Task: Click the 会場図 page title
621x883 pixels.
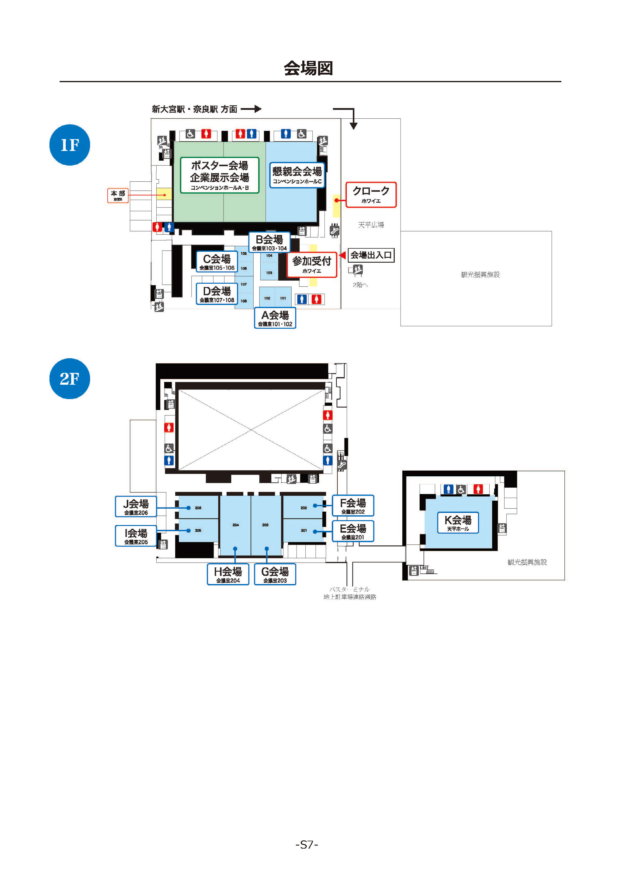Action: click(x=308, y=68)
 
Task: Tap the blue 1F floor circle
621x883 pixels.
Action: click(x=70, y=145)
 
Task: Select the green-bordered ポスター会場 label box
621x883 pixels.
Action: click(x=220, y=175)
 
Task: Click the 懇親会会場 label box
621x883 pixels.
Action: click(x=297, y=175)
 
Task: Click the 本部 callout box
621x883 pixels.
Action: click(x=118, y=195)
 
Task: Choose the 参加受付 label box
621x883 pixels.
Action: click(x=312, y=265)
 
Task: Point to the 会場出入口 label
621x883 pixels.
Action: click(x=371, y=255)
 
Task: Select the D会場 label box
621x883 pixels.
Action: click(x=217, y=294)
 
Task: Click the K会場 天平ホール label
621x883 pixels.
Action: click(x=458, y=523)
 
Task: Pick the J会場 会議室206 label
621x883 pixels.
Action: click(x=136, y=506)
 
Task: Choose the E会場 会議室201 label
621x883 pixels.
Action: click(x=353, y=531)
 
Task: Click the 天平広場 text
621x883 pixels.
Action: click(x=371, y=225)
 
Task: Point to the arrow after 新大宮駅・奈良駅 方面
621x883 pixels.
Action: click(x=251, y=109)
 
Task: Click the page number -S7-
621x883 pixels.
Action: click(x=307, y=845)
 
